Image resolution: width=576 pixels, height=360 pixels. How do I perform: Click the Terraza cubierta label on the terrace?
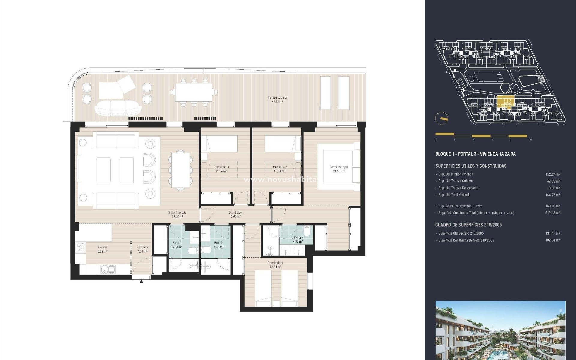click(x=277, y=99)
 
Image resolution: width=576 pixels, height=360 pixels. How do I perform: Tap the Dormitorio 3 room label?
click(x=221, y=169)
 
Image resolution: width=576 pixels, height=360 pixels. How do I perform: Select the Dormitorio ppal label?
click(x=338, y=169)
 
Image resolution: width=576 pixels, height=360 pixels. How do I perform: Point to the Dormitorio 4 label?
click(x=275, y=265)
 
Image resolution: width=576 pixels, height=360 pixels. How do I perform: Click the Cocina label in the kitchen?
click(x=102, y=249)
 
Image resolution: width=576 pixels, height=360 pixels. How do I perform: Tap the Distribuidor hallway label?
click(x=235, y=214)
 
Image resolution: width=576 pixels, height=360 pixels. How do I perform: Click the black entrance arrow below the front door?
click(x=141, y=281)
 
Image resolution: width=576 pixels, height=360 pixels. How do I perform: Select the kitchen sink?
click(x=107, y=269)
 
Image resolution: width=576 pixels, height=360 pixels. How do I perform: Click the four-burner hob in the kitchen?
click(x=81, y=247)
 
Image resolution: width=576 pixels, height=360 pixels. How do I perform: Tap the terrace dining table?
click(x=193, y=93)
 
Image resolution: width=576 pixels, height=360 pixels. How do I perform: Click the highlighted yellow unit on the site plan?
click(x=505, y=101)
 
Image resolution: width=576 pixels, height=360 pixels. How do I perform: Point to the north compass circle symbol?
click(x=441, y=118)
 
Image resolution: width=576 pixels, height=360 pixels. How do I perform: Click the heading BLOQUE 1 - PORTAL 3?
click(x=475, y=154)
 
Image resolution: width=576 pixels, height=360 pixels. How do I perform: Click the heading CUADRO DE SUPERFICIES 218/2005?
click(x=468, y=225)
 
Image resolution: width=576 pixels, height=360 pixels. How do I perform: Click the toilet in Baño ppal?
click(x=307, y=231)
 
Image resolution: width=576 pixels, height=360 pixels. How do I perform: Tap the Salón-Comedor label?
click(x=176, y=214)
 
